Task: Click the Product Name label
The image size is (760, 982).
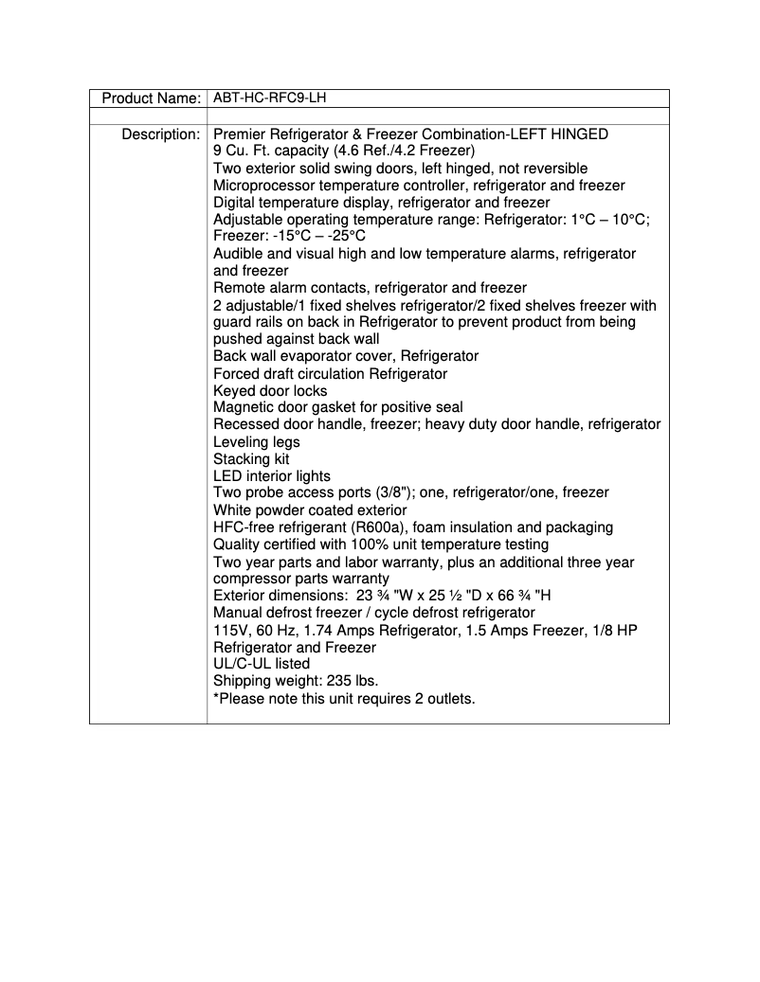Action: pos(151,98)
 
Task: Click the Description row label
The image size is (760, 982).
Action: pos(160,134)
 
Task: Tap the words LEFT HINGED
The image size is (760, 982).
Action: pos(562,134)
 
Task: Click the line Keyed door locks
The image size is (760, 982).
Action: pos(270,391)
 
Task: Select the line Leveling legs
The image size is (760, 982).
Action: pos(256,442)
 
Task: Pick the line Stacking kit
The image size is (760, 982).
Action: pos(251,459)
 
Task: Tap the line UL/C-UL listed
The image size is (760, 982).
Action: pos(262,664)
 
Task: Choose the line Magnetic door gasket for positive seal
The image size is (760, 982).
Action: pos(338,408)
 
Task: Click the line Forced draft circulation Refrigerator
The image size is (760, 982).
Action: pos(330,374)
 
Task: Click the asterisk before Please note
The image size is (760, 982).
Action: pos(216,699)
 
